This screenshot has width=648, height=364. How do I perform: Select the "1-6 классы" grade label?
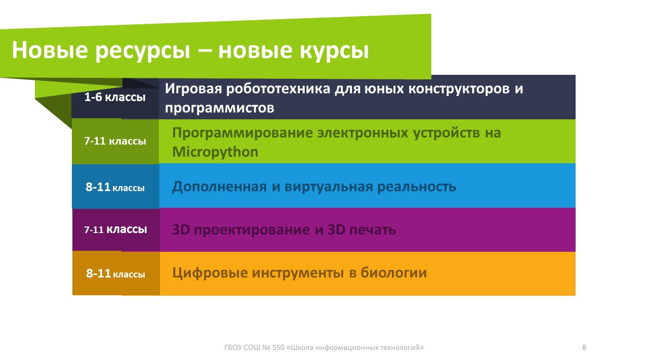[115, 98]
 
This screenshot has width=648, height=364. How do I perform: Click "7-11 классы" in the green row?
[115, 142]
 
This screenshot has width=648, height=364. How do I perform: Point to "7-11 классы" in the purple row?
[115, 230]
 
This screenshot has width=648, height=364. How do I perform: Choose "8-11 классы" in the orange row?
[115, 274]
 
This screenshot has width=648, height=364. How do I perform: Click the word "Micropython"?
[215, 152]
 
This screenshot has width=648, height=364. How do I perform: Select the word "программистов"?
[220, 108]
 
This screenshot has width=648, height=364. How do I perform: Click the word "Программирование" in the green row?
[242, 133]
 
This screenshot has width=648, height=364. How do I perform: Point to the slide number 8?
[584, 347]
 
